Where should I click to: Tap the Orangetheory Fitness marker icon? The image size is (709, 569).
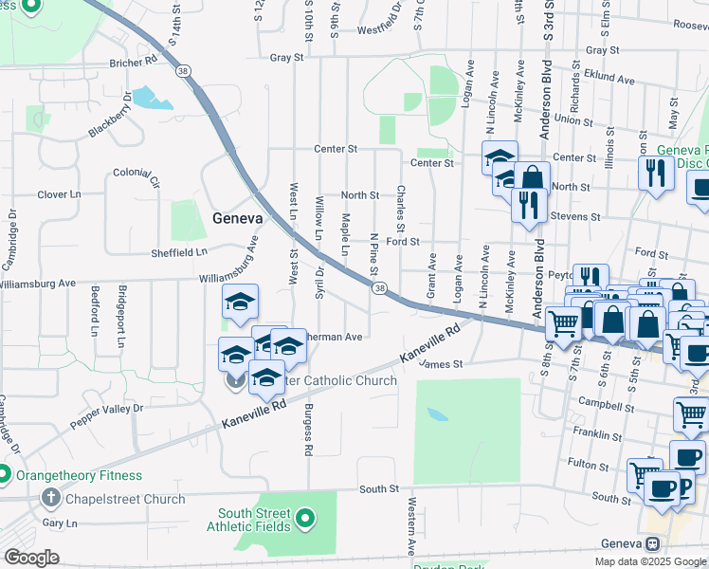[5, 475]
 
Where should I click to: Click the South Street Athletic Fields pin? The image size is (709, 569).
[304, 518]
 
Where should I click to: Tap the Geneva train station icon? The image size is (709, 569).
[652, 543]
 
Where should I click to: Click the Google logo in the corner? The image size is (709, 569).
[31, 558]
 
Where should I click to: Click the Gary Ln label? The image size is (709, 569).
[59, 523]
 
